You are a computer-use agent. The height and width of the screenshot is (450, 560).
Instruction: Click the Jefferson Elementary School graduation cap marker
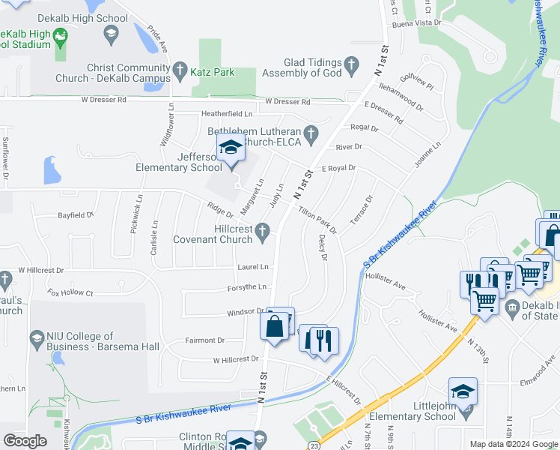point(231,148)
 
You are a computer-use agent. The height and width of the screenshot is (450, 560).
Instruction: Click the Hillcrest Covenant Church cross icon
point(262,235)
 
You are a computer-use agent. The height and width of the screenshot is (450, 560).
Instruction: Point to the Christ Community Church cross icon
point(180,72)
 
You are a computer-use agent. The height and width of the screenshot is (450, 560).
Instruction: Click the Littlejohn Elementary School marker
point(463,392)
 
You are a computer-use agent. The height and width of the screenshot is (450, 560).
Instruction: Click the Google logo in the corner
point(25,441)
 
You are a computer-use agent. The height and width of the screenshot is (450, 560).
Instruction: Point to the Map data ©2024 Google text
point(514,444)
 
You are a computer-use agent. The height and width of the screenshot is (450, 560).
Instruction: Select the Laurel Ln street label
point(253,267)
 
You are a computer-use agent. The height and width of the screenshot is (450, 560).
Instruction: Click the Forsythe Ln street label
point(247,287)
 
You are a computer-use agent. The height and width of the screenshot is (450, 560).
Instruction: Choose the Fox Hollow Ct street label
point(69,293)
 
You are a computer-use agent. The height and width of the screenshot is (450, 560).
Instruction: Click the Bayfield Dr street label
point(76,215)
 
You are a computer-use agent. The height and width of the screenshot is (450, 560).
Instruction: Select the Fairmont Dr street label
point(204,340)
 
